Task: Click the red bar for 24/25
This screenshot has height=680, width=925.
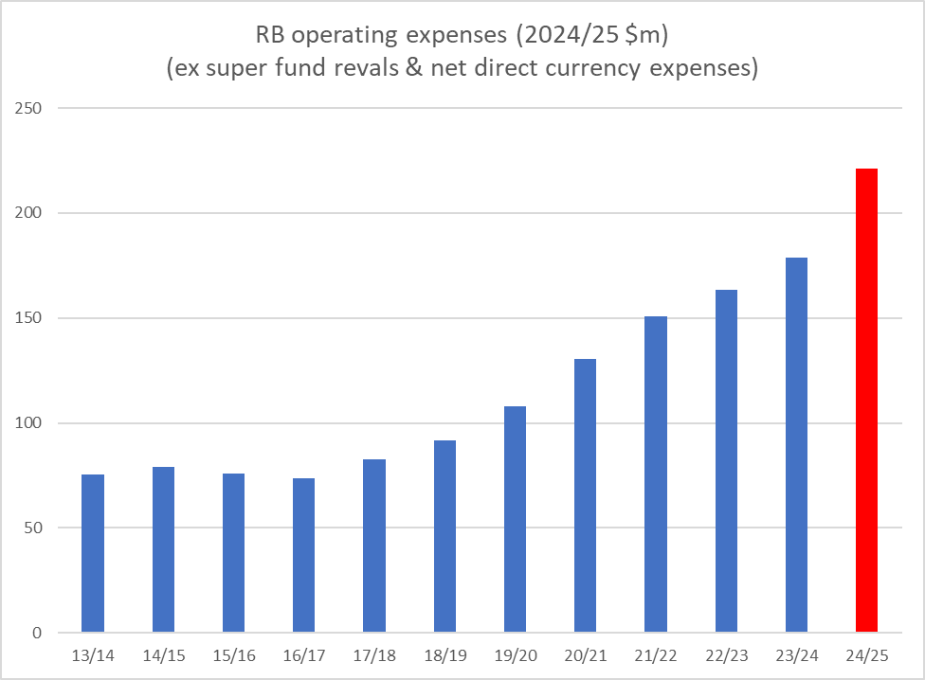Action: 866,401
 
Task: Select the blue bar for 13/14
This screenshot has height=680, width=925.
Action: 93,553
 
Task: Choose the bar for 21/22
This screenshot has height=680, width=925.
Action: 656,474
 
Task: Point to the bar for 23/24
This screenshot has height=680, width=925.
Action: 796,445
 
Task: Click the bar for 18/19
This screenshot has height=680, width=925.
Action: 444,536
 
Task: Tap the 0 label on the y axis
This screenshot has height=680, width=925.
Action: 38,633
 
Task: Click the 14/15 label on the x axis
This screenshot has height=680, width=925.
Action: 163,654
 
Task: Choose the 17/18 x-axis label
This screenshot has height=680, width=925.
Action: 374,654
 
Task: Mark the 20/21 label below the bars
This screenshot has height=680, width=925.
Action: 585,654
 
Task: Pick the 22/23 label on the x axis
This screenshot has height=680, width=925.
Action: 726,654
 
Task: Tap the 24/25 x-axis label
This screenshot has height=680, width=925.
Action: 866,654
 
